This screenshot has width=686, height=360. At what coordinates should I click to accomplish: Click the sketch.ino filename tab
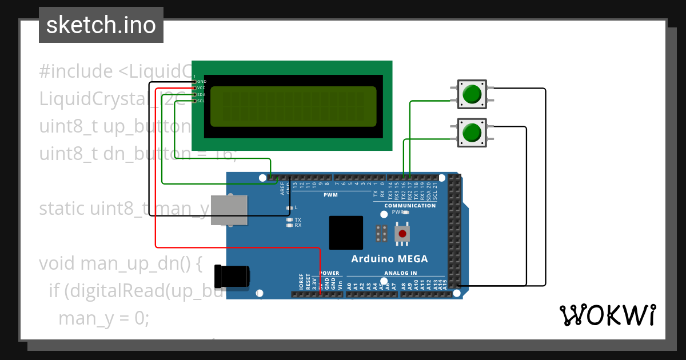coord(101,25)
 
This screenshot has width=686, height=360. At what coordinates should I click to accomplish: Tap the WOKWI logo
coord(607,315)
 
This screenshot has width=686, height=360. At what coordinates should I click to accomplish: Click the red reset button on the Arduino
coord(404,233)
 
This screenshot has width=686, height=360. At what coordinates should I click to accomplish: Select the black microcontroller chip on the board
coord(346,233)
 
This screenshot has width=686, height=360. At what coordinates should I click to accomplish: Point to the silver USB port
coord(229,210)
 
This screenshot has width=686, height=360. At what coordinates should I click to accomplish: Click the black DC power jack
coord(232,276)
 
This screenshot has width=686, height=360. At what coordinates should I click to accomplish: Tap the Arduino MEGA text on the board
coord(389,259)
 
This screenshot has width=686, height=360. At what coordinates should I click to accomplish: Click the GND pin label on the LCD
coord(202,82)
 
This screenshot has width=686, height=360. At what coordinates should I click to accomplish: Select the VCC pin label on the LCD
coord(201,88)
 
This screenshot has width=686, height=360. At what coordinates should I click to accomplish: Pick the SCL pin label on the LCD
coord(201,101)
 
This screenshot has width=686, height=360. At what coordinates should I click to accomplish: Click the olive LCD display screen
coord(293,106)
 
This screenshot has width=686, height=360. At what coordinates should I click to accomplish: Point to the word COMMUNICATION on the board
coord(410,206)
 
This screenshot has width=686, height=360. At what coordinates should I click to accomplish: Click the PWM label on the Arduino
coord(330,195)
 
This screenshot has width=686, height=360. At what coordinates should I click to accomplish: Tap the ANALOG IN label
coord(400,273)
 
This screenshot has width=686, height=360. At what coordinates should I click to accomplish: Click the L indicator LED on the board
coord(290,207)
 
